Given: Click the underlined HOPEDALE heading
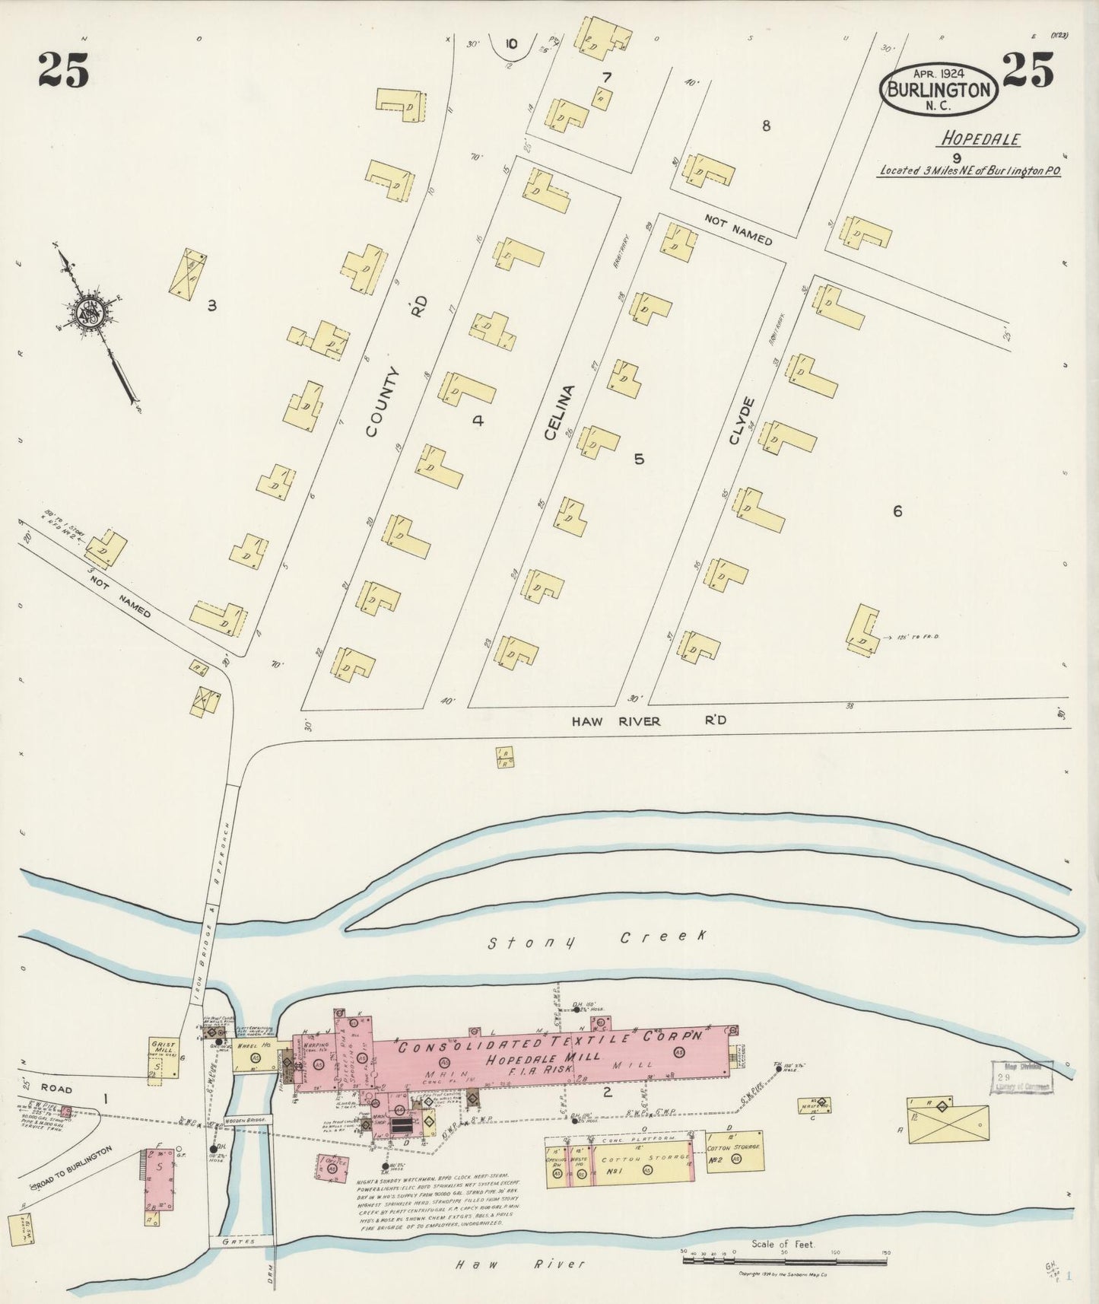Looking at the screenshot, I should point(980,139).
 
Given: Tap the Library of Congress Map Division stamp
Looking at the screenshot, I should point(1021,1078).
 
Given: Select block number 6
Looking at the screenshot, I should point(897,512).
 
